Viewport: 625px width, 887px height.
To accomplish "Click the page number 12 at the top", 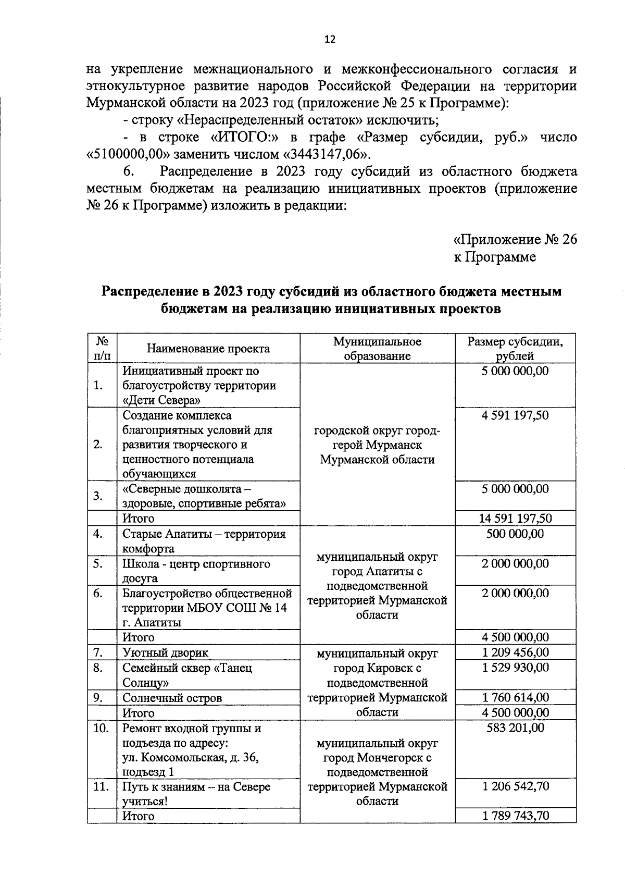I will pyautogui.click(x=330, y=40).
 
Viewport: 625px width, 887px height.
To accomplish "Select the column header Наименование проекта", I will pyautogui.click(x=208, y=349).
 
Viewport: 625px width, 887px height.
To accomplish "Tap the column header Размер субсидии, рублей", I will pyautogui.click(x=515, y=349).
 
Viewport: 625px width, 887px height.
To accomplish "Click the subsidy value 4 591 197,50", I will pyautogui.click(x=515, y=415).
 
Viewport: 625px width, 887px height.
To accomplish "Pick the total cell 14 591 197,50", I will pyautogui.click(x=515, y=519).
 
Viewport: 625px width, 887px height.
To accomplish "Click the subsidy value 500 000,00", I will pyautogui.click(x=515, y=534).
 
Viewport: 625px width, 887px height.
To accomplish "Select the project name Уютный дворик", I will pyautogui.click(x=165, y=652).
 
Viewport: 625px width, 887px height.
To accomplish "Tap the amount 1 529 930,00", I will pyautogui.click(x=515, y=668).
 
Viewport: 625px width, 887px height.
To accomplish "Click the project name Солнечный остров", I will pyautogui.click(x=172, y=698).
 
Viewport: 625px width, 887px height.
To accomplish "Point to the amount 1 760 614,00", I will pyautogui.click(x=515, y=698).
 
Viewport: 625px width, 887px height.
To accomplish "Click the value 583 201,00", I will pyautogui.click(x=515, y=728).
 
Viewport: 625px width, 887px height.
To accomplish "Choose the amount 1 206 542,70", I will pyautogui.click(x=515, y=786).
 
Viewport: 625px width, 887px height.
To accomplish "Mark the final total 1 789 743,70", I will pyautogui.click(x=515, y=816).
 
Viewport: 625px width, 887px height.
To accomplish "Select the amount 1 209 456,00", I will pyautogui.click(x=515, y=652).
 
